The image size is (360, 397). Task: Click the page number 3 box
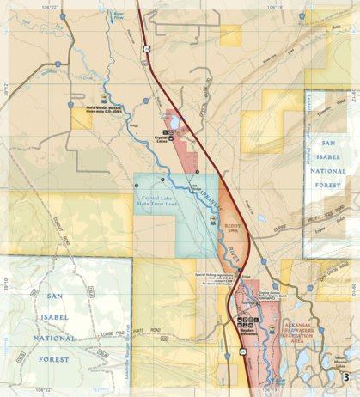pyautogui.click(x=345, y=376)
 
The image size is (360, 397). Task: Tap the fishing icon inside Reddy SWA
pyautogui.click(x=213, y=219)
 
